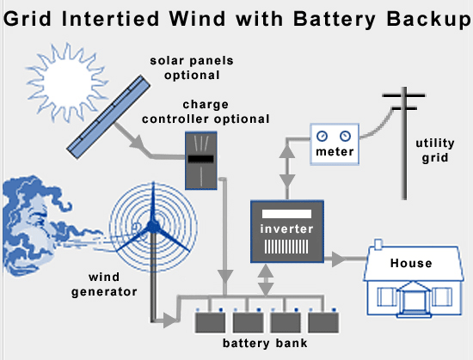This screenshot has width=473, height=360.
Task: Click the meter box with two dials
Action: (335, 143)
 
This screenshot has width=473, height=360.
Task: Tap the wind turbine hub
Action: (152, 227)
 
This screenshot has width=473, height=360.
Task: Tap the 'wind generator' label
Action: (113, 284)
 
